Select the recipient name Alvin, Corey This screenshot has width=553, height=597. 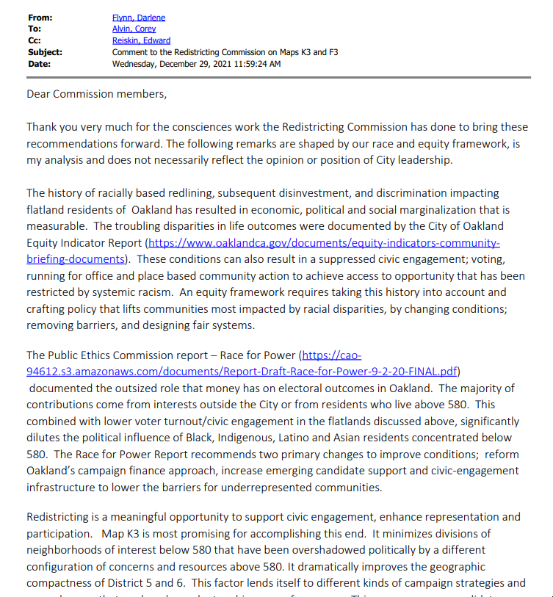(x=134, y=29)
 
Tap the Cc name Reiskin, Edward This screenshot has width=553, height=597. (x=141, y=40)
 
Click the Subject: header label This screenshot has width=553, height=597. (x=45, y=52)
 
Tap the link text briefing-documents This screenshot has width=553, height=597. (x=75, y=258)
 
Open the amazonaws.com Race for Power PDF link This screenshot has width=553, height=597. (x=242, y=372)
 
